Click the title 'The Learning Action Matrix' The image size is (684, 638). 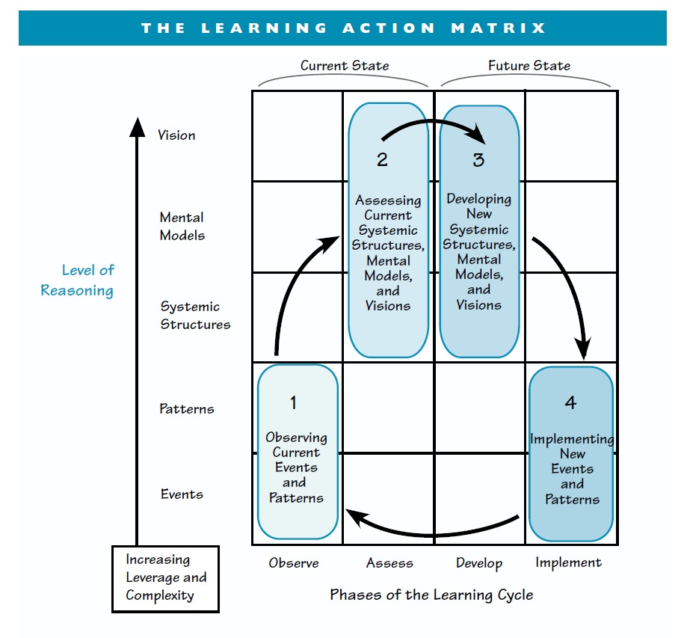(343, 28)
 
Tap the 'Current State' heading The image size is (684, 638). (345, 66)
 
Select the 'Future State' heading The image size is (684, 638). (529, 66)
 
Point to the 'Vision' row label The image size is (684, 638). (176, 135)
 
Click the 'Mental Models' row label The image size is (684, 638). (182, 227)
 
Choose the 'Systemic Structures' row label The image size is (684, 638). (195, 316)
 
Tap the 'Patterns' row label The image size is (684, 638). (186, 409)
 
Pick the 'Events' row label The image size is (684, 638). (182, 494)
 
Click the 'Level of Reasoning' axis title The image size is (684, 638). (78, 280)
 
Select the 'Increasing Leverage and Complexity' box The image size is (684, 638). (165, 578)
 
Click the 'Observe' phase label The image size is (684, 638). (294, 563)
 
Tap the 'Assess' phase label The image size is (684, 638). (389, 563)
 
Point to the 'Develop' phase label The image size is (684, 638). (479, 563)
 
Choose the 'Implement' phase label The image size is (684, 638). (569, 562)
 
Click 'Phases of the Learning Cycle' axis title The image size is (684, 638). (432, 595)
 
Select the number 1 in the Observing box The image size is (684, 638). (294, 402)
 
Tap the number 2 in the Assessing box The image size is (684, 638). (382, 160)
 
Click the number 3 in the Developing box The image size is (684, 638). (478, 159)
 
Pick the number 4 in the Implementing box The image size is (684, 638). (570, 402)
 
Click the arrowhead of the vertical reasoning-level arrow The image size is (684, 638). (137, 127)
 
